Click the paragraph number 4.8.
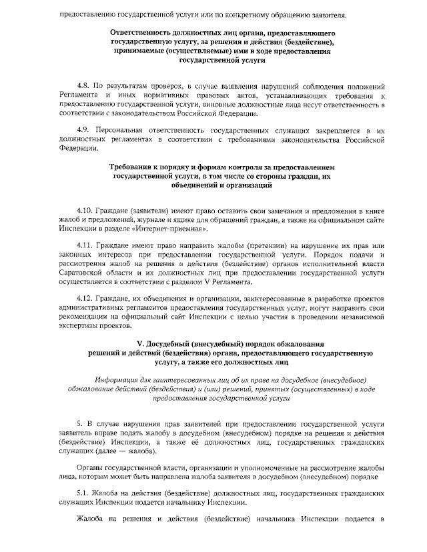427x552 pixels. click(83, 87)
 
